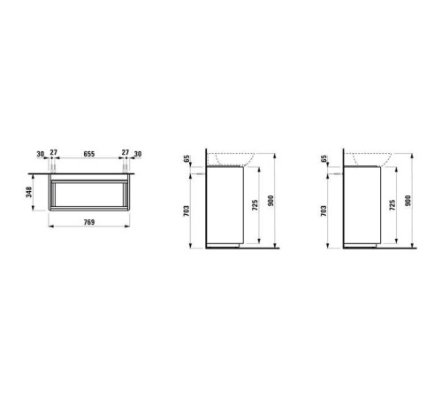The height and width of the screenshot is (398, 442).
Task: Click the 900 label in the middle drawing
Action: (282, 202)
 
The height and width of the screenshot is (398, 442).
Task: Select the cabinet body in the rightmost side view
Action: (362, 203)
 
